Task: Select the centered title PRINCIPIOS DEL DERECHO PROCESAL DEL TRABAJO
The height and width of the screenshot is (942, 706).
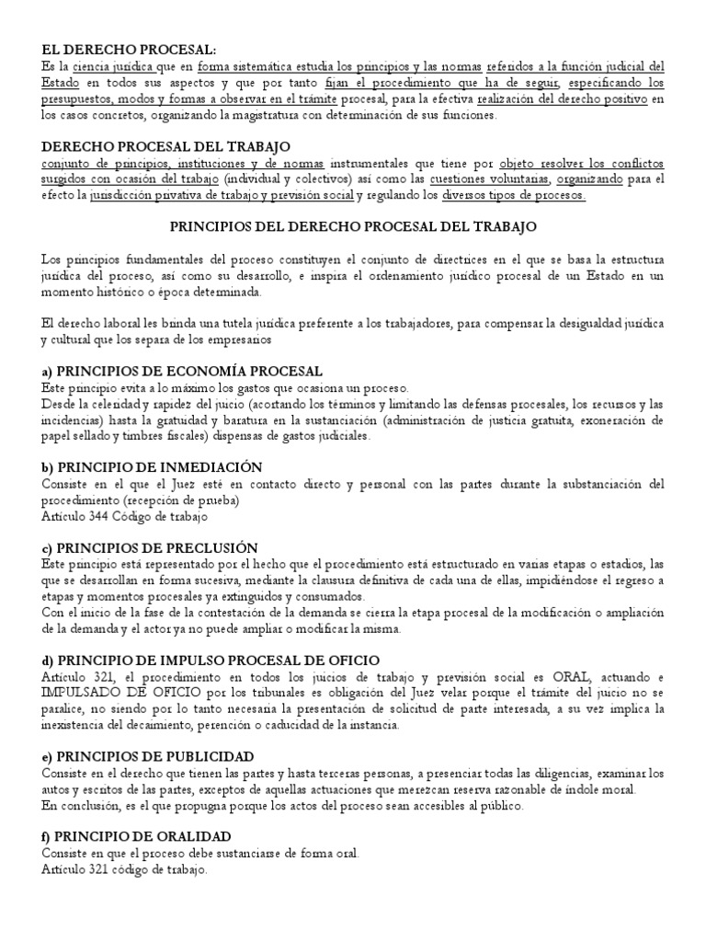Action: (354, 224)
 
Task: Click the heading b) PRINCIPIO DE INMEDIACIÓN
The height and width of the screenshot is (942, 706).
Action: (152, 467)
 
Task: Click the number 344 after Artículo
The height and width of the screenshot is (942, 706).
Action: (104, 516)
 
